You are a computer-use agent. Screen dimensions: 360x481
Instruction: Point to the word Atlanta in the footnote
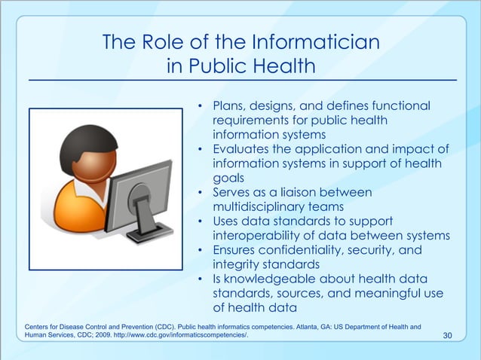tap(332, 325)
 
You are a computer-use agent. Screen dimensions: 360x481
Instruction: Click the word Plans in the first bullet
tap(229, 106)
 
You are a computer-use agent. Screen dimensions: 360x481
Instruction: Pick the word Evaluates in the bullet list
tap(245, 148)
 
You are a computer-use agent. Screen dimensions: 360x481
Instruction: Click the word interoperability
tap(262, 235)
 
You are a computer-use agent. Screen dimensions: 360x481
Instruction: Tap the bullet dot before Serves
tap(201, 193)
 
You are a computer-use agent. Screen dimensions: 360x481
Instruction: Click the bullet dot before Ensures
tap(201, 250)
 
